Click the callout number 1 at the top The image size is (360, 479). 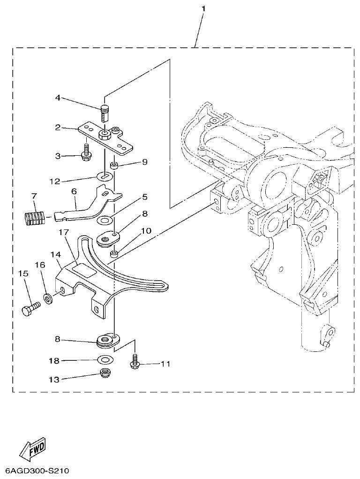pos(203,9)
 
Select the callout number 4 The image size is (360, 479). pos(58,98)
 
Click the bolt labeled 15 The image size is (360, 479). pos(31,308)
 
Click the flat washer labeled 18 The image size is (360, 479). pos(105,360)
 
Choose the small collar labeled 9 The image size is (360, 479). pos(114,166)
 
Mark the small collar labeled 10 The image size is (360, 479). pos(113,254)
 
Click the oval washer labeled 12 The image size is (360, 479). pos(105,176)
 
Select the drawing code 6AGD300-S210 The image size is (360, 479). pos(37,471)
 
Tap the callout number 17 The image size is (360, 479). pos(64,232)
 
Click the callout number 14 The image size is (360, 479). pos(56,254)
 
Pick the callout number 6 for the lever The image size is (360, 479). pos(74,191)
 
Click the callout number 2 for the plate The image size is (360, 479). pos(58,127)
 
